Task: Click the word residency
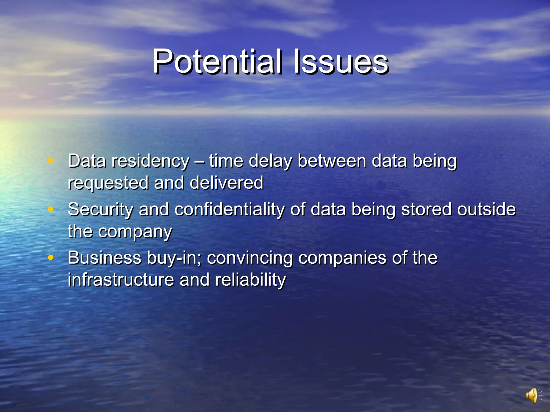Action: pyautogui.click(x=151, y=161)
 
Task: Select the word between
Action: pyautogui.click(x=332, y=161)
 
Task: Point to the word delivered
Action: pyautogui.click(x=226, y=183)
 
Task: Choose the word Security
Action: pyautogui.click(x=100, y=210)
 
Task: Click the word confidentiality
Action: pyautogui.click(x=230, y=210)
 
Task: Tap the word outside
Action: pyautogui.click(x=486, y=209)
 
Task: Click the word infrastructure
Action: pyautogui.click(x=121, y=280)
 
